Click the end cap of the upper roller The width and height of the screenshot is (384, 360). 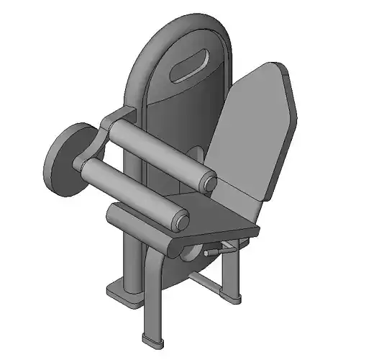(x=209, y=183)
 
